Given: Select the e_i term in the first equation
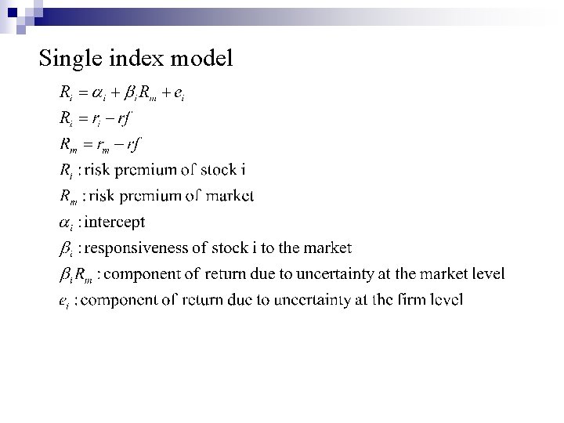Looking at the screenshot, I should (179, 94).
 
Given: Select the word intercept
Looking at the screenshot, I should (114, 222).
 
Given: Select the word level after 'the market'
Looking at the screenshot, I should (487, 273).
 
